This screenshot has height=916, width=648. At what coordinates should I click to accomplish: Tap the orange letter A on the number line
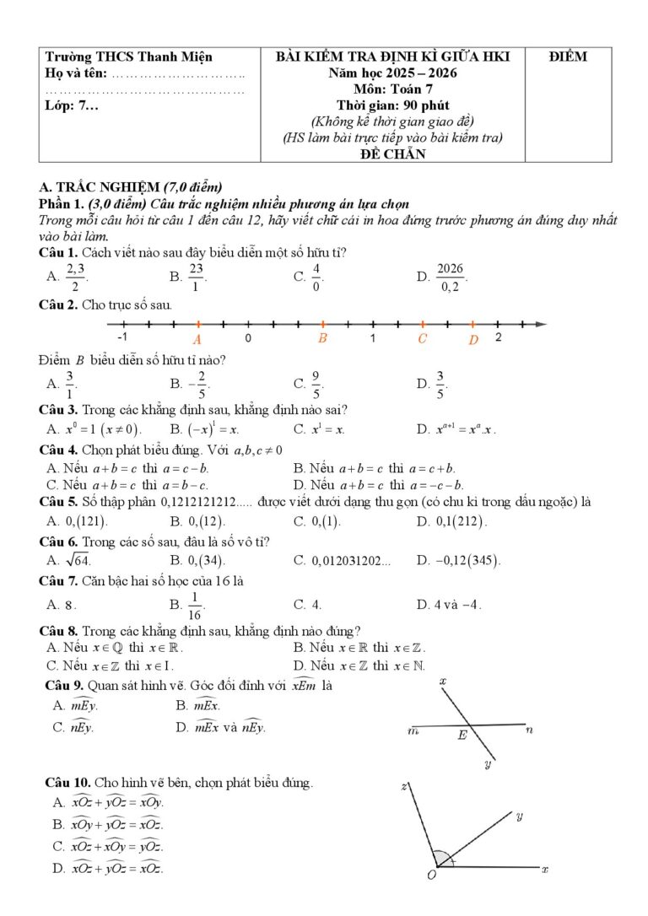pyautogui.click(x=197, y=339)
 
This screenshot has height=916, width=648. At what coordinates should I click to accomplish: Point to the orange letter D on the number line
pyautogui.click(x=473, y=339)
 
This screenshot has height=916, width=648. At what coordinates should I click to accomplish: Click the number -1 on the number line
pyautogui.click(x=123, y=337)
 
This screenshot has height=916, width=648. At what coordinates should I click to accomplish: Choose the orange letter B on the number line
pyautogui.click(x=322, y=338)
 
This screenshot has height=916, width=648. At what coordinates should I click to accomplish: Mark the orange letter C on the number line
pyautogui.click(x=422, y=339)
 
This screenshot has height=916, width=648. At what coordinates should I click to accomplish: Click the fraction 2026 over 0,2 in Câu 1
pyautogui.click(x=451, y=276)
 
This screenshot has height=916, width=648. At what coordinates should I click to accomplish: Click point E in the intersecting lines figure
pyautogui.click(x=462, y=735)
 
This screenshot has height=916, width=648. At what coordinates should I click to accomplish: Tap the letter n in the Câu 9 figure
pyautogui.click(x=529, y=729)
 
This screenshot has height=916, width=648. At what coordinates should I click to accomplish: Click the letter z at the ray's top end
pyautogui.click(x=404, y=786)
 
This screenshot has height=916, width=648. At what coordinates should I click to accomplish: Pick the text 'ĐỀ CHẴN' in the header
pyautogui.click(x=392, y=154)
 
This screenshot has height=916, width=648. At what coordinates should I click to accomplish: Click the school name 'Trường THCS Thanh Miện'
pyautogui.click(x=128, y=57)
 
